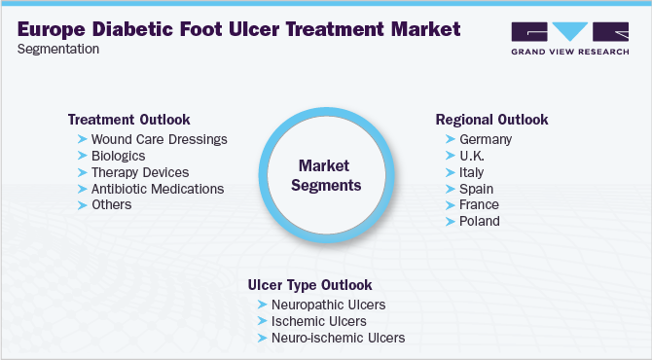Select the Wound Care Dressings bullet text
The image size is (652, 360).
pos(159,139)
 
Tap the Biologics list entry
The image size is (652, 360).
pos(118,156)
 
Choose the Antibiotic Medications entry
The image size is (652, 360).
pos(158,189)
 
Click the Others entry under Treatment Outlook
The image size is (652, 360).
pos(111,204)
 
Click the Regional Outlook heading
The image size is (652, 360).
pos(491,120)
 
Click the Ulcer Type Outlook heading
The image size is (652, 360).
pos(309,285)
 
